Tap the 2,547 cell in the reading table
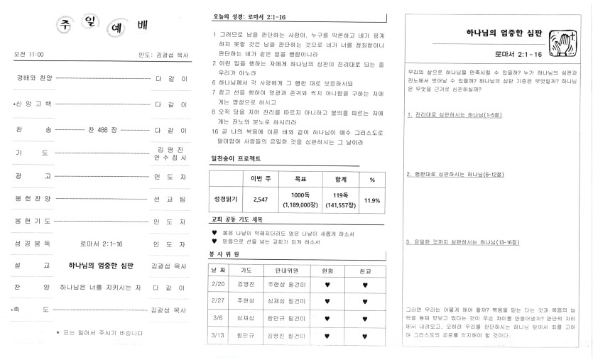click(x=260, y=200)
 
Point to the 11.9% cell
click(x=371, y=200)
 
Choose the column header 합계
click(x=341, y=179)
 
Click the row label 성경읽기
click(x=224, y=200)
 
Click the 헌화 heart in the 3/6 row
click(x=327, y=318)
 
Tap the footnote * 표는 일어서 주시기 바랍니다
click(x=99, y=332)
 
